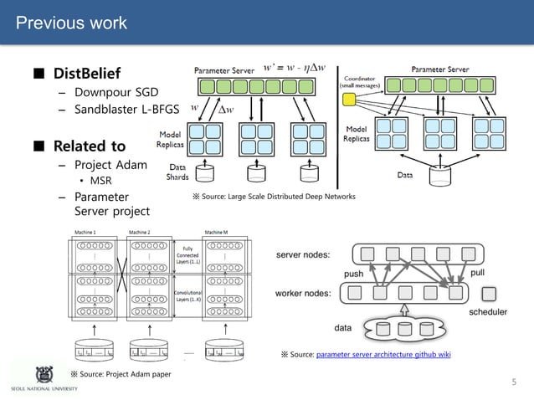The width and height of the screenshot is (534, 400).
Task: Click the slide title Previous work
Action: click(72, 22)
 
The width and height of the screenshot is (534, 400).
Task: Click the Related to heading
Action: click(90, 146)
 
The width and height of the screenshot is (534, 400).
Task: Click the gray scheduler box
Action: click(490, 293)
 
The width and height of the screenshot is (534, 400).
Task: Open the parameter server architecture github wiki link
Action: click(383, 355)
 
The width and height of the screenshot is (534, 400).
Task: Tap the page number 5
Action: click(515, 382)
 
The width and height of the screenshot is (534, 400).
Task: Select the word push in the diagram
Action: click(355, 274)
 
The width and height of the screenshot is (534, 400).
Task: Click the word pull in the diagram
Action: click(478, 273)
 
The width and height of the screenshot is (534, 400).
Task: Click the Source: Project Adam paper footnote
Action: click(121, 373)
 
